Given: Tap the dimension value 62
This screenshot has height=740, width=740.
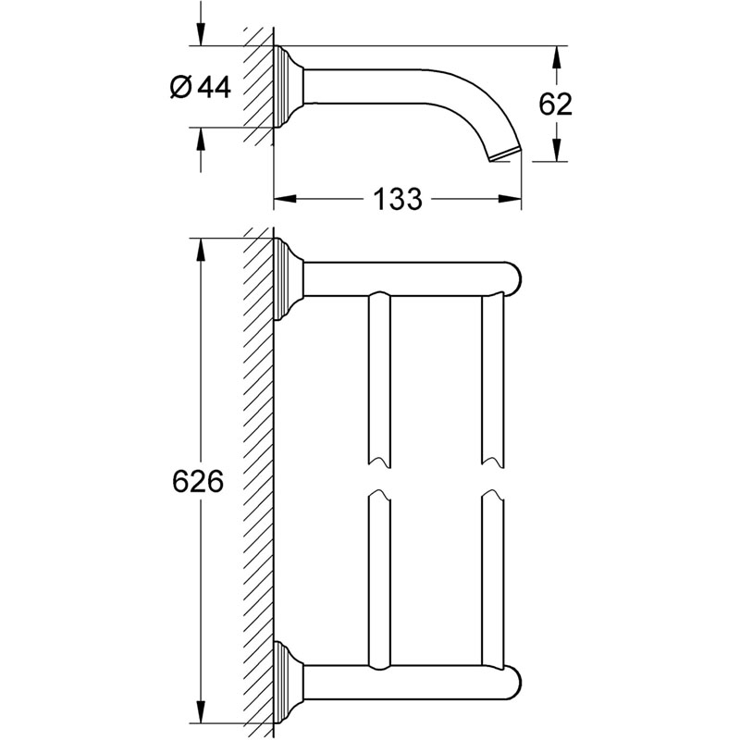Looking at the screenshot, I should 555,104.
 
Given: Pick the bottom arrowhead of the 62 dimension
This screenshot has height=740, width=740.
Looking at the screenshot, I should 555,152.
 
